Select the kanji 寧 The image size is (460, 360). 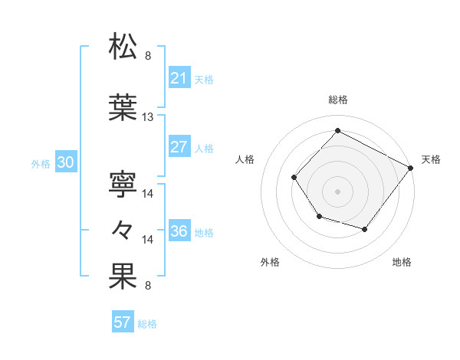click(123, 182)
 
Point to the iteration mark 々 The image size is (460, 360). click(123, 229)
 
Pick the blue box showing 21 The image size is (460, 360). click(179, 79)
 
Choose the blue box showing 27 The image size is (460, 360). click(179, 148)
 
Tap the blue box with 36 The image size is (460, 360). click(179, 232)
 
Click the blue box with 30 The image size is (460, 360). click(65, 163)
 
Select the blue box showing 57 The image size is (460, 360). click(123, 322)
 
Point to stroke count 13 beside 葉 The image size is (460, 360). click(148, 117)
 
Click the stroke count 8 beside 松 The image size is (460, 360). click(148, 56)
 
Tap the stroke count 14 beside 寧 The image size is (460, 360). click(148, 193)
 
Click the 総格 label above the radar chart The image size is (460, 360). click(338, 100)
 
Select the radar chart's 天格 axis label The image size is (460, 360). click(431, 159)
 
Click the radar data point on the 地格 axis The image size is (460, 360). click(365, 229)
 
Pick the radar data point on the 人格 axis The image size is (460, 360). click(294, 177)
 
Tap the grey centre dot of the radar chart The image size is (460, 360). click(337, 191)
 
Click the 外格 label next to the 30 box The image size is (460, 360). click(41, 163)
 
